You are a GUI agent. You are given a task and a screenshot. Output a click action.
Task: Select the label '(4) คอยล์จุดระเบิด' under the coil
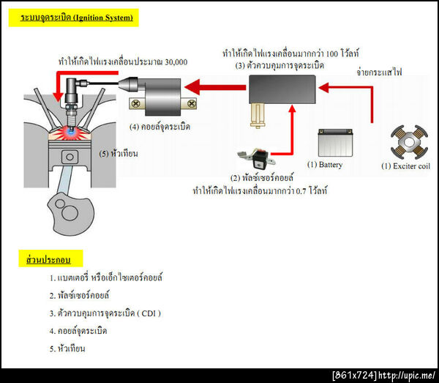[160, 127]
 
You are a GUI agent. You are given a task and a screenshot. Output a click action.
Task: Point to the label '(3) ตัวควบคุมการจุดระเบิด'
[280, 66]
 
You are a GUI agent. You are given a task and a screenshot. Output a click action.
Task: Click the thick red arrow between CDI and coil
[215, 89]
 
